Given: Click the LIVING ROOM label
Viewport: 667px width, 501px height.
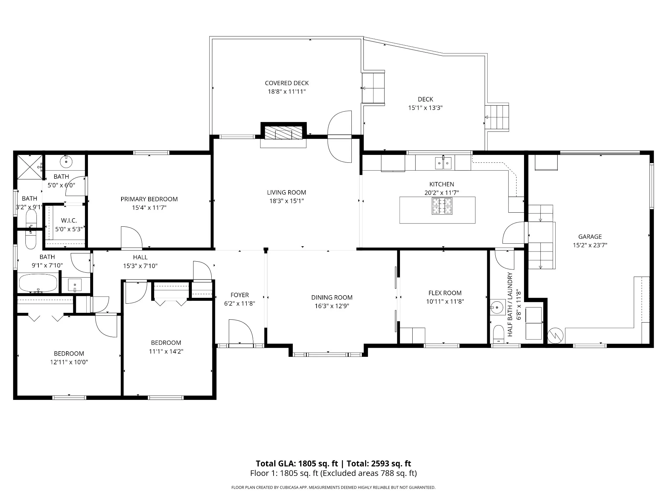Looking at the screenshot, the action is (x=287, y=192).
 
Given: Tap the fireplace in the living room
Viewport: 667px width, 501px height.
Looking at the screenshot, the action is (x=283, y=134).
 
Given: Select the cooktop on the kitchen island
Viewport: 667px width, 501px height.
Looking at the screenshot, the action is (x=442, y=206).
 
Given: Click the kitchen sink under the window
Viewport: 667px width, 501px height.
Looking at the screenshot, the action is (x=443, y=163).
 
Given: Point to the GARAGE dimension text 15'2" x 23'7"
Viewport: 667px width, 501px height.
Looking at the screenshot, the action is (x=590, y=245).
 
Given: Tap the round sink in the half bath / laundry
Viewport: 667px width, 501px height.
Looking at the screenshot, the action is (x=497, y=307).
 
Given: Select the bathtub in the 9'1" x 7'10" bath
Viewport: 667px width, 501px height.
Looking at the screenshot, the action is (x=38, y=283).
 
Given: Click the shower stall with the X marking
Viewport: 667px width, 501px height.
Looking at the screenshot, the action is (x=29, y=167).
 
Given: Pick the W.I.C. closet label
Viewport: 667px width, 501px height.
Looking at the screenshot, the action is (x=69, y=221).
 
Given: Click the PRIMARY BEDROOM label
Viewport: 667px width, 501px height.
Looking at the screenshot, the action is (x=149, y=199).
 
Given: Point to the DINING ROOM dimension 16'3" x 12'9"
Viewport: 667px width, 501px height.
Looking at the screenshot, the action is (x=332, y=306).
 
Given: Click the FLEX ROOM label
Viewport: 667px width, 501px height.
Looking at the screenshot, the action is (x=445, y=293).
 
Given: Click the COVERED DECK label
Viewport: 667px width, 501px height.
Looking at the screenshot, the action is (x=287, y=83).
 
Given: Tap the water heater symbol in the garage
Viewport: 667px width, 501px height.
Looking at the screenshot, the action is (x=555, y=336).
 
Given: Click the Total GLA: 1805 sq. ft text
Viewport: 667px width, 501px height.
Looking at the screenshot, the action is (x=297, y=463).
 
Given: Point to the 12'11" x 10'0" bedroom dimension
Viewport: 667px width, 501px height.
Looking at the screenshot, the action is (x=69, y=362).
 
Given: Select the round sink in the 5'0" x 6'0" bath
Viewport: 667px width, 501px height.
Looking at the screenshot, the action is (x=66, y=161).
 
